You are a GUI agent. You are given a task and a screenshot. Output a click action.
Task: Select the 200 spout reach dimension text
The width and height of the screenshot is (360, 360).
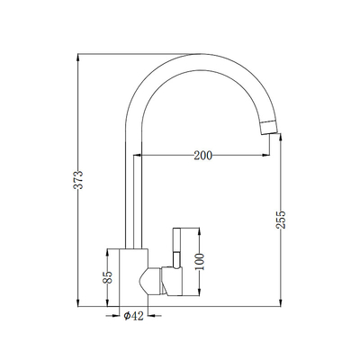tap(203, 156)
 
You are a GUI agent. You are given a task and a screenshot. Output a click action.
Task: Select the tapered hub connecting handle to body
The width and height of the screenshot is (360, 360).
tap(152, 280)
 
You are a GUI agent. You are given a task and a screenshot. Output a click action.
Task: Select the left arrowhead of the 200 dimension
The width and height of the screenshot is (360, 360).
tap(139, 156)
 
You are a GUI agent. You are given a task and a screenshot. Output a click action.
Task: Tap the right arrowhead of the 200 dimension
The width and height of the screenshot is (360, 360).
tap(268, 156)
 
